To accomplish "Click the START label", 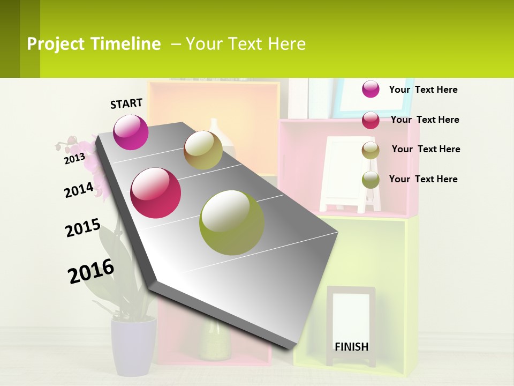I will (126, 103).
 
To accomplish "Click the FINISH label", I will (352, 346).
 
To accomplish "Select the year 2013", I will (74, 158).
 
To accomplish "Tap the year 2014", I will (79, 190).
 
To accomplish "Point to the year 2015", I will (83, 227).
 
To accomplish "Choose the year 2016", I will (91, 271).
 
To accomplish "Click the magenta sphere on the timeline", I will (131, 132).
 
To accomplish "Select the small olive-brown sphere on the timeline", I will (203, 150).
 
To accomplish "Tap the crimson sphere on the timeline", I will (156, 193).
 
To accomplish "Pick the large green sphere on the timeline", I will (232, 222).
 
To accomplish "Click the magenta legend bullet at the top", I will (371, 89).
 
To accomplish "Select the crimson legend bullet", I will (371, 120).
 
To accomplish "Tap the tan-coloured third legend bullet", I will (371, 150).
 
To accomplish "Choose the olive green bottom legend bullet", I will (371, 180).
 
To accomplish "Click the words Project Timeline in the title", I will (94, 44).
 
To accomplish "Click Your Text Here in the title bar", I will (245, 44).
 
